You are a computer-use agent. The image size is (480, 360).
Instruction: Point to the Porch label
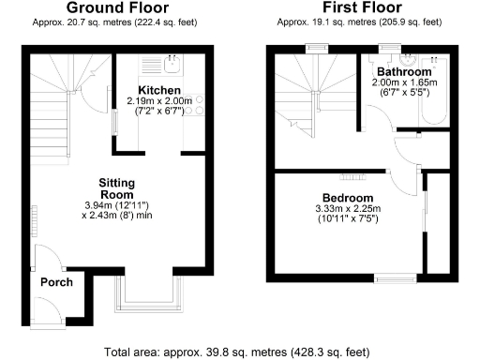click(56, 282)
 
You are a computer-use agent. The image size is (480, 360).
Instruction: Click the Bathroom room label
click(404, 71)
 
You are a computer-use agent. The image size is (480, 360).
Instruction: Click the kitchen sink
click(172, 64)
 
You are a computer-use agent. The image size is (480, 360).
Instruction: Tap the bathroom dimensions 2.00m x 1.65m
click(405, 82)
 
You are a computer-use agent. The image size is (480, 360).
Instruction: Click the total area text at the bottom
click(238, 352)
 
